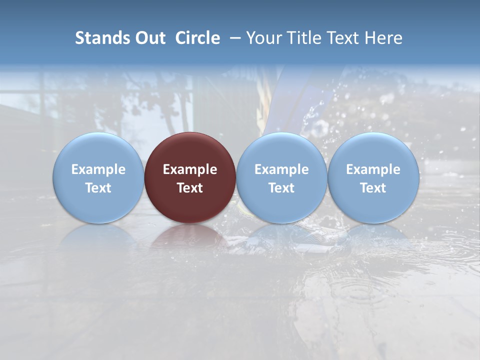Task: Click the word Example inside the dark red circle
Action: [x=190, y=169]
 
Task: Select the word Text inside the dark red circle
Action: [x=190, y=188]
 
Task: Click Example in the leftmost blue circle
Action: [x=98, y=169]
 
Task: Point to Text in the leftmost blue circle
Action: [x=98, y=188]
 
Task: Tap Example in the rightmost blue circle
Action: [x=373, y=169]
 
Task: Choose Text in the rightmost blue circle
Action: [x=373, y=188]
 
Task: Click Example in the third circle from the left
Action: [x=281, y=169]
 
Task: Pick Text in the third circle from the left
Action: [x=281, y=188]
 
